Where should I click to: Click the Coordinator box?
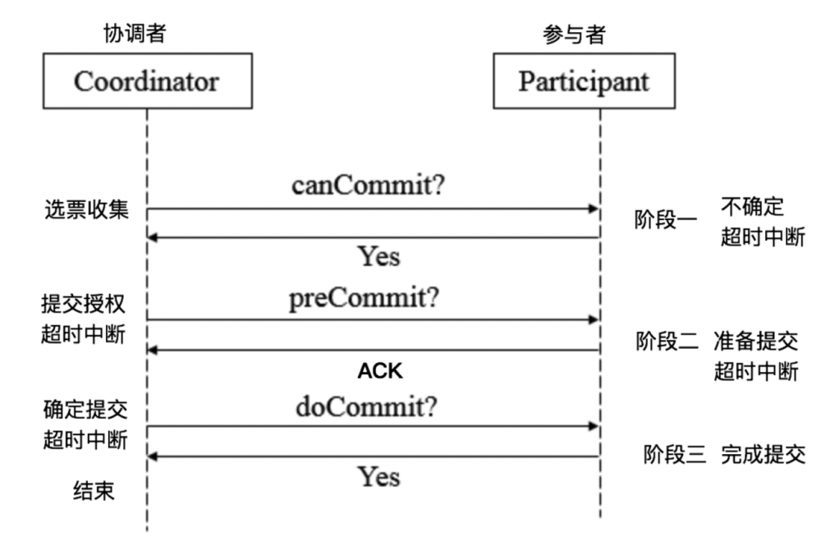pyautogui.click(x=147, y=82)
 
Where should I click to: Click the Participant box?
pyautogui.click(x=584, y=82)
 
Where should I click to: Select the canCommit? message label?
pyautogui.click(x=369, y=185)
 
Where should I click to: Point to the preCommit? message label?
pyautogui.click(x=364, y=296)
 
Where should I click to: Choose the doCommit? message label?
pyautogui.click(x=366, y=406)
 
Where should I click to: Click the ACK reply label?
pyautogui.click(x=380, y=371)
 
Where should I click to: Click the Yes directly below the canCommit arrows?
pyautogui.click(x=378, y=256)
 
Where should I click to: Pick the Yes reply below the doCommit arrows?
pyautogui.click(x=378, y=475)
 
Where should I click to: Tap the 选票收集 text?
pyautogui.click(x=86, y=209)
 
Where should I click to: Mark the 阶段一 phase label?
pyautogui.click(x=666, y=220)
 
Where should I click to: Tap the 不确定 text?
pyautogui.click(x=753, y=205)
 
